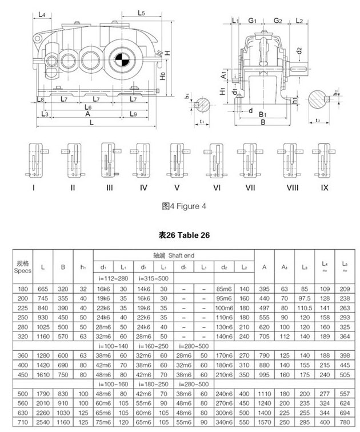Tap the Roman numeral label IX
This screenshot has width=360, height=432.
click(325, 187)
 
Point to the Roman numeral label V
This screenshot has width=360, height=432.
click(177, 187)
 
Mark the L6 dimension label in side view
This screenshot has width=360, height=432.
click(87, 107)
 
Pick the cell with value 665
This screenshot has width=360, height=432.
click(44, 289)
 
